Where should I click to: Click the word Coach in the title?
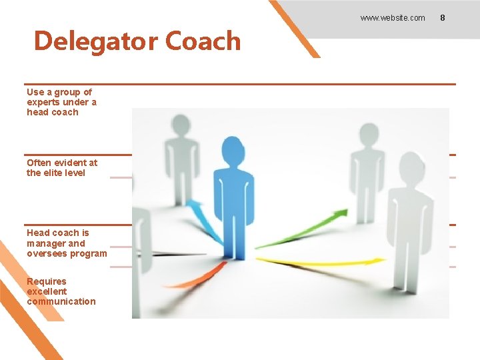[x=203, y=41]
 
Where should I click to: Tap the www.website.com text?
[x=392, y=18]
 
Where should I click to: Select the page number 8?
[x=442, y=18]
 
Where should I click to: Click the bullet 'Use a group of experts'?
[x=61, y=102]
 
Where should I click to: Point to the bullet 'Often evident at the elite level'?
[x=61, y=167]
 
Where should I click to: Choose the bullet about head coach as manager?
[x=66, y=243]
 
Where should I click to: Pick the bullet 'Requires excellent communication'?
[x=61, y=291]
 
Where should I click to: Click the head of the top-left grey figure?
[x=180, y=125]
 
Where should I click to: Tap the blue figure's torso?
[x=233, y=200]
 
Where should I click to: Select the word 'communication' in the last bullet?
[x=61, y=301]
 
